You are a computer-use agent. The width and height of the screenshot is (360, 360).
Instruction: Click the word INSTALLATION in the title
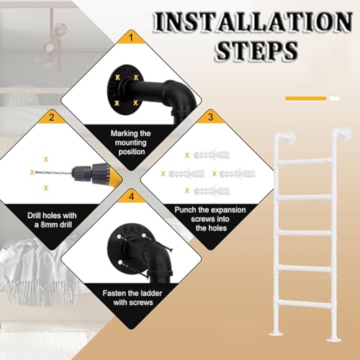253,22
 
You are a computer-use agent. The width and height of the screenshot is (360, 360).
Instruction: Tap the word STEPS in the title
256,50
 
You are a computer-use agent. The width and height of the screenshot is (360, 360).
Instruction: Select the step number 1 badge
131,37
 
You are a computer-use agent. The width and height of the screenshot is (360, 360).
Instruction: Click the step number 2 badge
52,117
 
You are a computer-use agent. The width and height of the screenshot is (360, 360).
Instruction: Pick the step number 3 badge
211,117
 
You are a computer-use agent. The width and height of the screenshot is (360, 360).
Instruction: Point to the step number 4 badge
131,197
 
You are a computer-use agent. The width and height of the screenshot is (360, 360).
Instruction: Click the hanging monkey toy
52,45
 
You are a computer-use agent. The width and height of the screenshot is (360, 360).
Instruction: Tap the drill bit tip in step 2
35,172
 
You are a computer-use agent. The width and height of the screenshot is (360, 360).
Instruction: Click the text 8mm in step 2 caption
52,225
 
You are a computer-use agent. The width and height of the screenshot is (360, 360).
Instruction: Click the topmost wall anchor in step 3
212,155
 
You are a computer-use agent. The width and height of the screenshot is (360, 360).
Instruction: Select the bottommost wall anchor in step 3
212,191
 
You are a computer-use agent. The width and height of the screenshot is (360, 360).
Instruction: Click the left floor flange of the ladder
278,333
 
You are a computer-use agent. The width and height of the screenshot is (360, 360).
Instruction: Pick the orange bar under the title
305,98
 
